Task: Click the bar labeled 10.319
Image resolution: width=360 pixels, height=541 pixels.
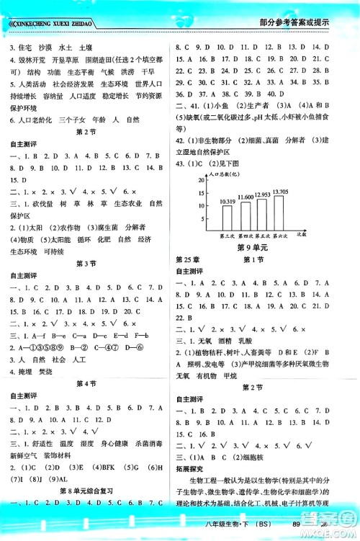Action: pos(227,216)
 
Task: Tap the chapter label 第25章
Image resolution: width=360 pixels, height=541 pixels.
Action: pos(189,259)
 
